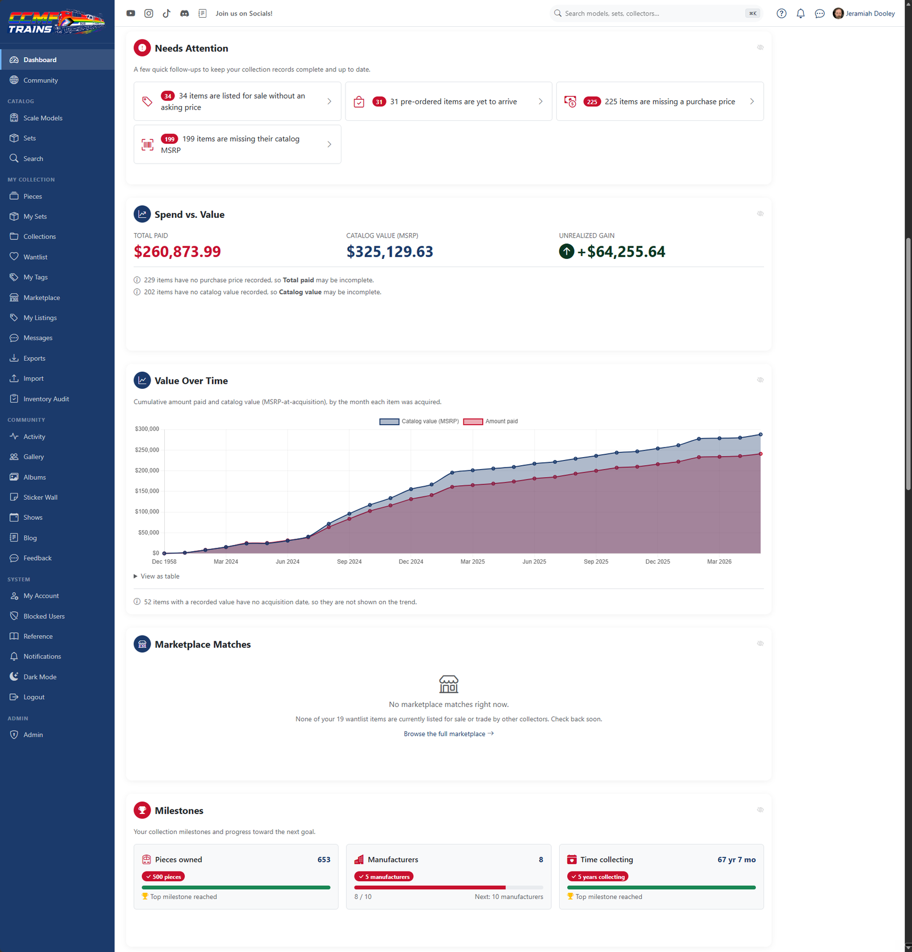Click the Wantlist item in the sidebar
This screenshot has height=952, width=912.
[35, 257]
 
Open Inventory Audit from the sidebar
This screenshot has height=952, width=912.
[46, 399]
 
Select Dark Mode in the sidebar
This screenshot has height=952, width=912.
[40, 677]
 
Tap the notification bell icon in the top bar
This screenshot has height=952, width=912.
[801, 14]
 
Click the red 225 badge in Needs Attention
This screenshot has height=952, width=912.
[592, 102]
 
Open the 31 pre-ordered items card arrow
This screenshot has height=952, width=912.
[540, 101]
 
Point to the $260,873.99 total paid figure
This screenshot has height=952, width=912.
[177, 252]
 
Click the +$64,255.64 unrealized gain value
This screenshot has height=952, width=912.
[621, 252]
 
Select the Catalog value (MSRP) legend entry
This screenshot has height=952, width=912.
[419, 421]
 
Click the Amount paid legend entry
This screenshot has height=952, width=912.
[491, 421]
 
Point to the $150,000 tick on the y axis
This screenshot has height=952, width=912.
[147, 491]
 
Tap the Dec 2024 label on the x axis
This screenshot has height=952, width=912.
[411, 562]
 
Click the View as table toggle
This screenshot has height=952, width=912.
[157, 576]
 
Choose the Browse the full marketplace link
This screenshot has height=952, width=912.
[449, 734]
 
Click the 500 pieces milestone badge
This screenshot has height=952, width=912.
[164, 877]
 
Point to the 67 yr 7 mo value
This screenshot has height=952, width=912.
[736, 860]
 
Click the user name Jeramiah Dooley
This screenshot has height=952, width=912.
[870, 14]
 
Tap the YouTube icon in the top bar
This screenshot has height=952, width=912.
[131, 14]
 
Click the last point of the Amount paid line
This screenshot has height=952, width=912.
[760, 454]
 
